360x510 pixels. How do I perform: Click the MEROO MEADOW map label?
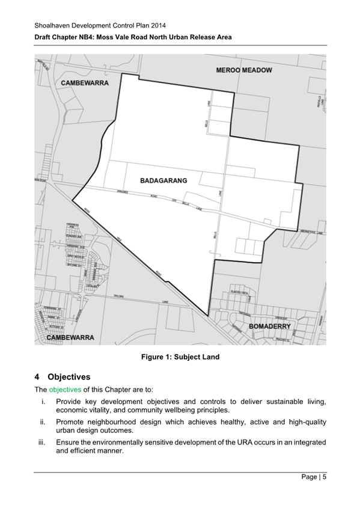coord(243,70)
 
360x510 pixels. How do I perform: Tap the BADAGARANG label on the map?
coord(163,180)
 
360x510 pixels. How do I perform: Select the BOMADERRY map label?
coord(269,327)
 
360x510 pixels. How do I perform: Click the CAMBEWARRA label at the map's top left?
coord(84,82)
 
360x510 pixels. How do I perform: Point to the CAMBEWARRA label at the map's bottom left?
coord(70,338)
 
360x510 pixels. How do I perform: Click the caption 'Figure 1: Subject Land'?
coord(180,357)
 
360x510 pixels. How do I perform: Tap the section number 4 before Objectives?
coord(37,377)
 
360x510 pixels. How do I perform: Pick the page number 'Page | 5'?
coord(314,478)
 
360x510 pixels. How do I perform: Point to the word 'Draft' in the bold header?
coord(44,37)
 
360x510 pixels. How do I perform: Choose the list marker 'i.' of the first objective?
coord(43,401)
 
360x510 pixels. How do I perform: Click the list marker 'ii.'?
coord(42,422)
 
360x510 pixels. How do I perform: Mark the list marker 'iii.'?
coord(41,442)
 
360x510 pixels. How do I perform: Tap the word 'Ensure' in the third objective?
coord(69,442)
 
